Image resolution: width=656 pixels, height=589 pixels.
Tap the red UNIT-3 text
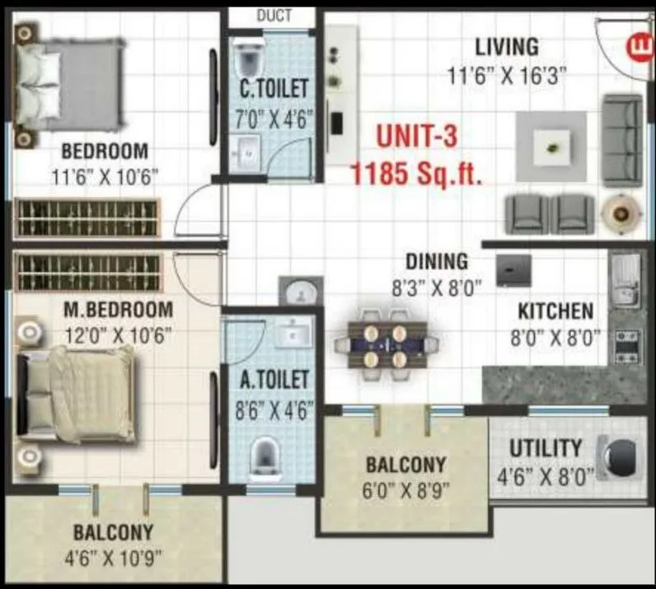click(417, 137)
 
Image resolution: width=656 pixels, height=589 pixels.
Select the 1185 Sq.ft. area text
click(416, 174)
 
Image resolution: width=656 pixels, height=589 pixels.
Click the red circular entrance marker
click(637, 43)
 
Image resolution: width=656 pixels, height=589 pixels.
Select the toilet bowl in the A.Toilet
click(264, 454)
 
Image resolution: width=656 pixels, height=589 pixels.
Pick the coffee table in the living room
click(551, 147)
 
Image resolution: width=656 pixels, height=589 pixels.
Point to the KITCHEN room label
click(555, 312)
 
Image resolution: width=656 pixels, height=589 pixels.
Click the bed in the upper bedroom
click(70, 82)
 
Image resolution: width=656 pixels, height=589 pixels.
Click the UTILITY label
click(545, 449)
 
